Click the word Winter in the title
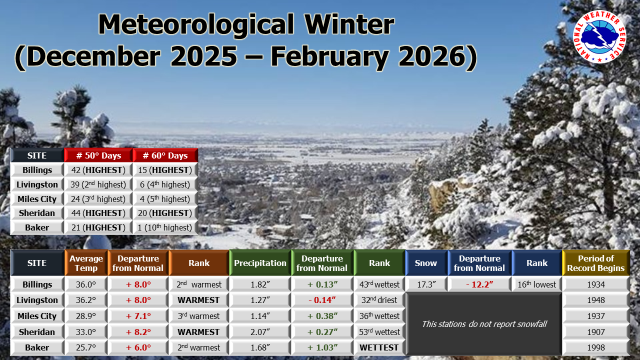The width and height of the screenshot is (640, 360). click(x=349, y=24)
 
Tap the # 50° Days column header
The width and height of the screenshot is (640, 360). click(x=98, y=155)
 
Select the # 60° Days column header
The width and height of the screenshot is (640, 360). click(x=165, y=155)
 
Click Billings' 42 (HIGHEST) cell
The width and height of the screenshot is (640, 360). click(x=98, y=170)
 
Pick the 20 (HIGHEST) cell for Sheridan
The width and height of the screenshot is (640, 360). click(x=165, y=213)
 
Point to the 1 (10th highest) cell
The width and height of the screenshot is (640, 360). click(x=165, y=227)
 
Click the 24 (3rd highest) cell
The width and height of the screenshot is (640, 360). click(x=98, y=199)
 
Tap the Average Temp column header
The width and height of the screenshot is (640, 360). click(x=86, y=263)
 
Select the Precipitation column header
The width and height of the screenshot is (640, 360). click(x=260, y=263)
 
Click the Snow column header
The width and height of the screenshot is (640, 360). click(x=426, y=263)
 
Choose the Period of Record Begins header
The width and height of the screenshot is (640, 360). click(x=596, y=263)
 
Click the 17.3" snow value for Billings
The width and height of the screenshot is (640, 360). click(x=426, y=284)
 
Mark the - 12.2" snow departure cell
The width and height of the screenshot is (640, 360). click(x=479, y=284)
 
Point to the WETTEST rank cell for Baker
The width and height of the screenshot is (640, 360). click(x=379, y=347)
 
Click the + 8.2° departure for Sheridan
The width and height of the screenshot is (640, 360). click(x=138, y=331)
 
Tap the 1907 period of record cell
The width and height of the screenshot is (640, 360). click(x=596, y=331)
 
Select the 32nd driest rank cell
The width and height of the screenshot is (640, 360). click(x=379, y=300)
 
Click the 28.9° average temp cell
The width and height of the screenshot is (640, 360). click(x=86, y=316)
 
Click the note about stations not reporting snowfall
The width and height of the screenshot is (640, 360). click(x=484, y=324)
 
